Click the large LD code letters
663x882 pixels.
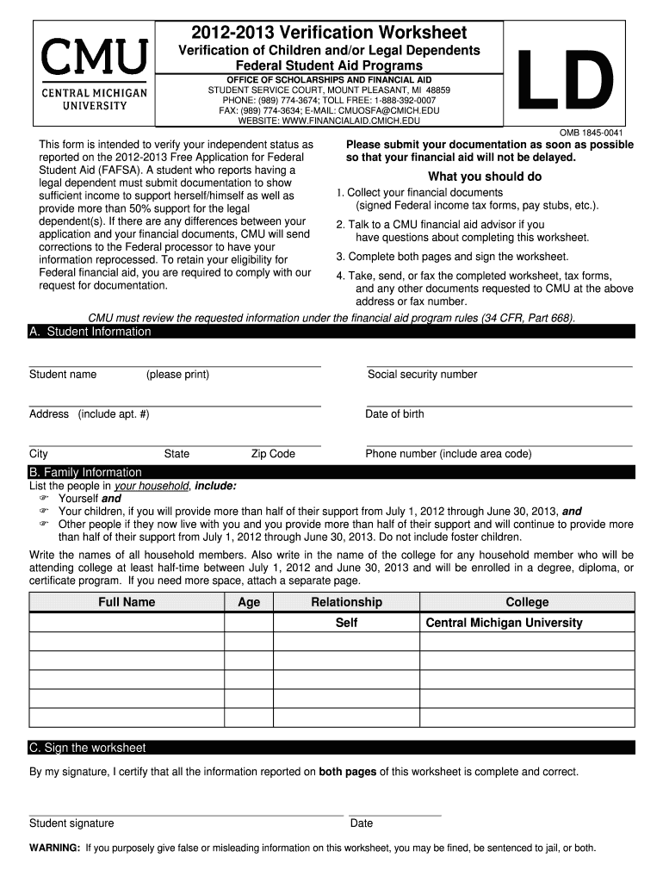564,78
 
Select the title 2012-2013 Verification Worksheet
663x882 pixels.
329,33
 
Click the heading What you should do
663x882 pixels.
485,177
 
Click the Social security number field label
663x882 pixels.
422,375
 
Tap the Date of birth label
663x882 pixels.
394,414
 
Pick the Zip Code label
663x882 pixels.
273,454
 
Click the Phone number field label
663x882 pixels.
449,454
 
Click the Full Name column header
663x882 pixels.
127,602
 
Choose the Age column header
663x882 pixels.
249,602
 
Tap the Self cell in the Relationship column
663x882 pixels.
346,623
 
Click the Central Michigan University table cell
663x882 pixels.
504,623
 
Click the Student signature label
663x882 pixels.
71,823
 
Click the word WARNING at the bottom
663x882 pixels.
55,848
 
